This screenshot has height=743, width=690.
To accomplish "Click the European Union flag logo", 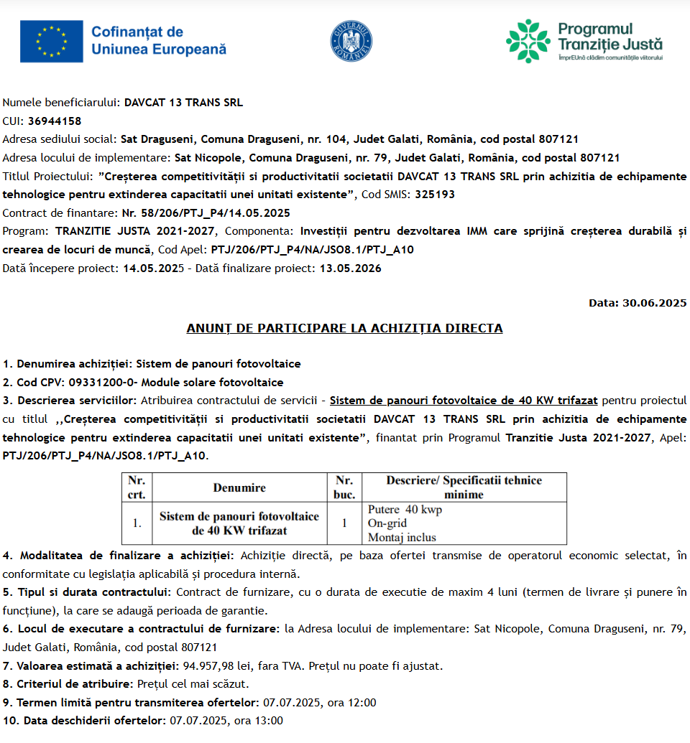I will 51,40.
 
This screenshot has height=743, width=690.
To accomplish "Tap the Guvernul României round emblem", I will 351,41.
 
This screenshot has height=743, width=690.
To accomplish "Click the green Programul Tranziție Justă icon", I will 528,41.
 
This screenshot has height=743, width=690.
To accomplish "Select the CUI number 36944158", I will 55,121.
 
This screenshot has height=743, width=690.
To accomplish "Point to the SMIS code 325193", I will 435,194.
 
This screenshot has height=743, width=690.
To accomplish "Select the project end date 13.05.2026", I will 350,268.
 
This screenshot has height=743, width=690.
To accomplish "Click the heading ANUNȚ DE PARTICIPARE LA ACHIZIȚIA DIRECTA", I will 344,328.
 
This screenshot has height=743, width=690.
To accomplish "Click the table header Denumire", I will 239,487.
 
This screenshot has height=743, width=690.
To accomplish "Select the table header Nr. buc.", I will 344,487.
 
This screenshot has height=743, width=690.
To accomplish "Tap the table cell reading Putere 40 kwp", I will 405,510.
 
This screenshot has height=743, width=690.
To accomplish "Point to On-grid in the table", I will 387,523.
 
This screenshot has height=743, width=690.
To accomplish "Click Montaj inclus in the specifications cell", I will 402,537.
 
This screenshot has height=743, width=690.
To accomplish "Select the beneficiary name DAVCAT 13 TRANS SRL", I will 183,102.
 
